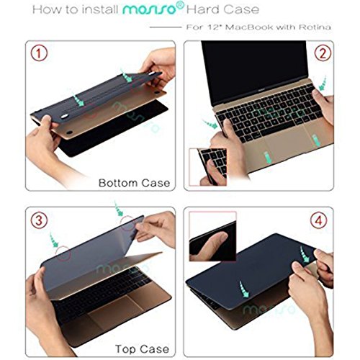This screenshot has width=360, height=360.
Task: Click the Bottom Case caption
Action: click(x=135, y=182)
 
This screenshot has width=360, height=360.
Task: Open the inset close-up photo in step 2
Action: click(x=212, y=167)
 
